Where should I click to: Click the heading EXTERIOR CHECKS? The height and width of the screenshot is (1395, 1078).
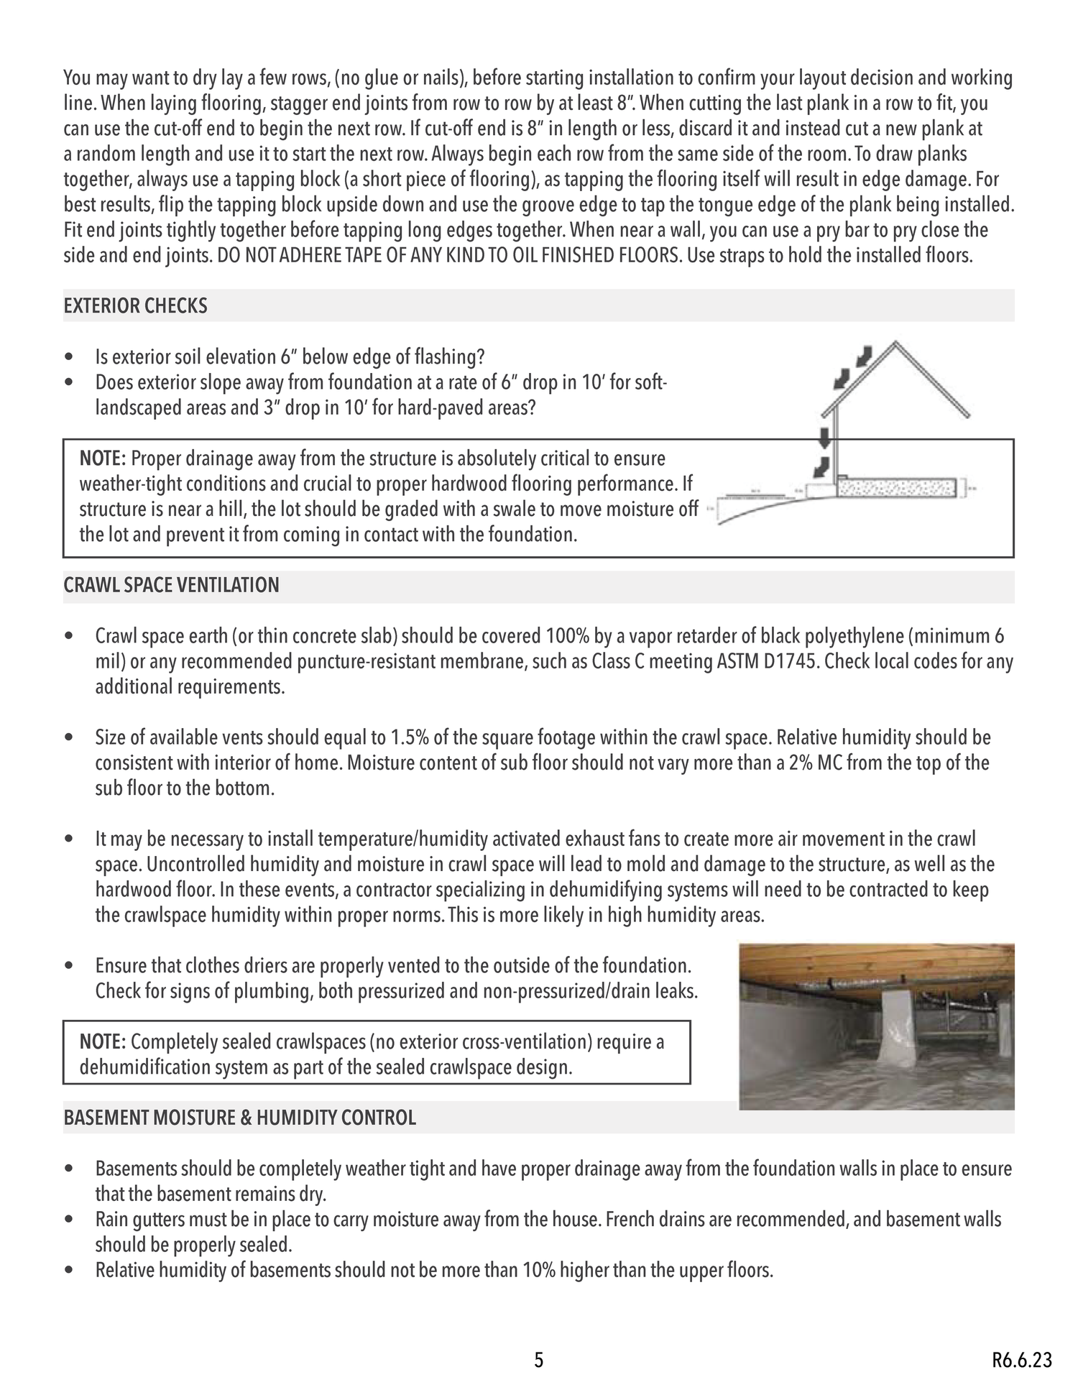point(135,306)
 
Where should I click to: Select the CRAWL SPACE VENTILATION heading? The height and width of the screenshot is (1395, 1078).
point(171,585)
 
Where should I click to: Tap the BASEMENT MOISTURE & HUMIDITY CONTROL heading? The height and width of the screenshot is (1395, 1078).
point(239,1118)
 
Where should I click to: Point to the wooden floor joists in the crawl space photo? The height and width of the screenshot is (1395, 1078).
point(877,959)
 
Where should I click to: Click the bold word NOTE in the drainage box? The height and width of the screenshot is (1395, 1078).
point(103,459)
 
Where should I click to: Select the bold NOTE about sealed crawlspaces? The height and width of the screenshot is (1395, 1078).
point(103,1042)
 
